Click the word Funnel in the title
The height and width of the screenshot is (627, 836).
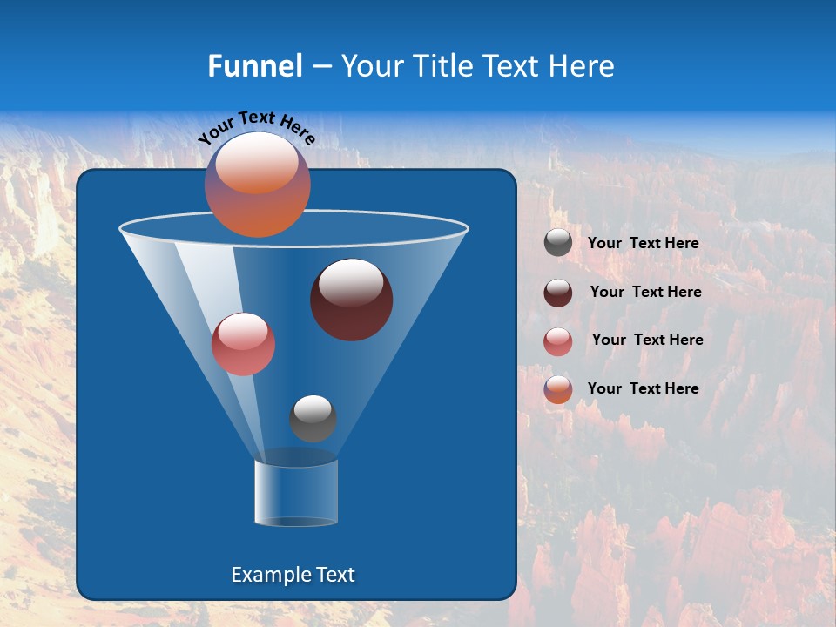click(x=254, y=66)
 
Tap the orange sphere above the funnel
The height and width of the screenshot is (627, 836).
click(x=257, y=185)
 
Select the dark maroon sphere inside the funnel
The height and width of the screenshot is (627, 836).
click(x=351, y=300)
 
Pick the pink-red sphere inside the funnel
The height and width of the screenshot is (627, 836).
click(x=243, y=344)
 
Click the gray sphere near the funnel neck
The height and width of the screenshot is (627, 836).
click(x=313, y=419)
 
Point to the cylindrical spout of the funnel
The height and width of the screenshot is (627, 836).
click(x=296, y=493)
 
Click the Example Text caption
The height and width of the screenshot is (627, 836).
click(x=293, y=575)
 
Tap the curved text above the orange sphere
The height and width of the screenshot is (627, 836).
click(x=256, y=127)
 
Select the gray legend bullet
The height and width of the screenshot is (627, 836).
click(x=558, y=243)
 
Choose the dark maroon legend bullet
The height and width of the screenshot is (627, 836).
click(x=558, y=293)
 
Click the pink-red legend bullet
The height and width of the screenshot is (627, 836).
click(x=558, y=341)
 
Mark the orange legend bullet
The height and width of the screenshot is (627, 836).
click(x=558, y=389)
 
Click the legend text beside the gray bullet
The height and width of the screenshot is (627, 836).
click(x=643, y=244)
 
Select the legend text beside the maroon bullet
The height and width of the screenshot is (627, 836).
click(x=645, y=293)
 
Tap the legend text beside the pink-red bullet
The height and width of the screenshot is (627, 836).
click(x=647, y=340)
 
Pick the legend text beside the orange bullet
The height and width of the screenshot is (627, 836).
click(x=643, y=388)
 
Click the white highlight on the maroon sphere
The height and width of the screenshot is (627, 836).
click(x=351, y=283)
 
